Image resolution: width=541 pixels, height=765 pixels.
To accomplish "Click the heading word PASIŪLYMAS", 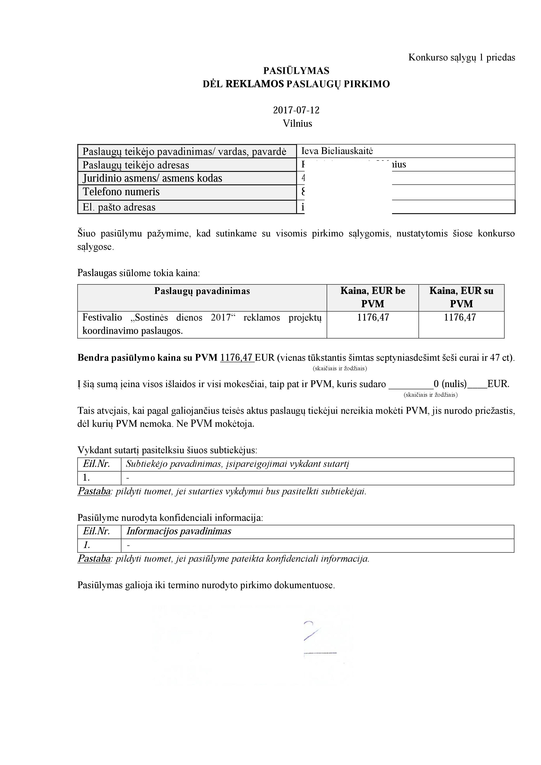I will click(296, 71).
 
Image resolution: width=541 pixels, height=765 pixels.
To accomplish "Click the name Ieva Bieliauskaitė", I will click(337, 151).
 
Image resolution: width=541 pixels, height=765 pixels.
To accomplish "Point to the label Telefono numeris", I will click(121, 192).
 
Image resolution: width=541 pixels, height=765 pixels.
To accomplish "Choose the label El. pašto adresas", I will click(119, 207).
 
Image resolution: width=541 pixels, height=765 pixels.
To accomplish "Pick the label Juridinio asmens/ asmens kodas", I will click(152, 178).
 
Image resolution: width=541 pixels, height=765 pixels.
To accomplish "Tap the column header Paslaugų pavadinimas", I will click(202, 291).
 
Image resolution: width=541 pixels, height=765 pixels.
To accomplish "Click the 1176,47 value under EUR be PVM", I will click(373, 317).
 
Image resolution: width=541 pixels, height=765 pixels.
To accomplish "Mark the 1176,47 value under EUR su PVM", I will click(460, 317).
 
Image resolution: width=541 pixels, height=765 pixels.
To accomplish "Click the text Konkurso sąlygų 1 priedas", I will click(462, 57).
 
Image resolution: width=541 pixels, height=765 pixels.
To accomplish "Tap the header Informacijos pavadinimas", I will click(179, 531).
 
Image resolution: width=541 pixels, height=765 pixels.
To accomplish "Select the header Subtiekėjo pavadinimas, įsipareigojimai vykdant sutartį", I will click(237, 464).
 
